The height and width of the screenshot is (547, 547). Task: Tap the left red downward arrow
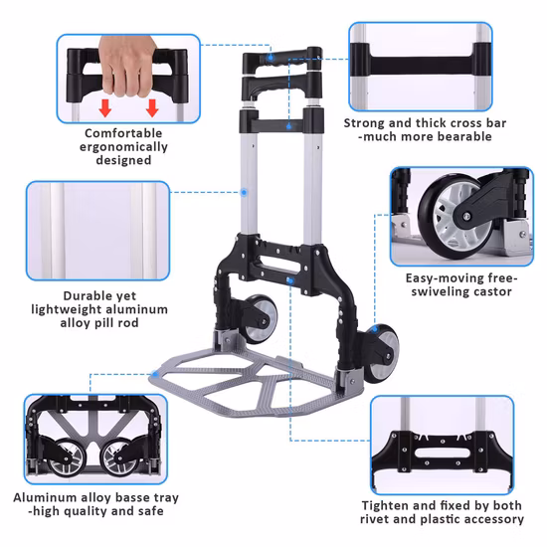click(102, 107)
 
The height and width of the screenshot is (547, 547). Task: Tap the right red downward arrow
click(152, 107)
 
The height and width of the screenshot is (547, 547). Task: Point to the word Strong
click(364, 123)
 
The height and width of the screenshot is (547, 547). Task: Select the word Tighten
click(385, 504)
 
